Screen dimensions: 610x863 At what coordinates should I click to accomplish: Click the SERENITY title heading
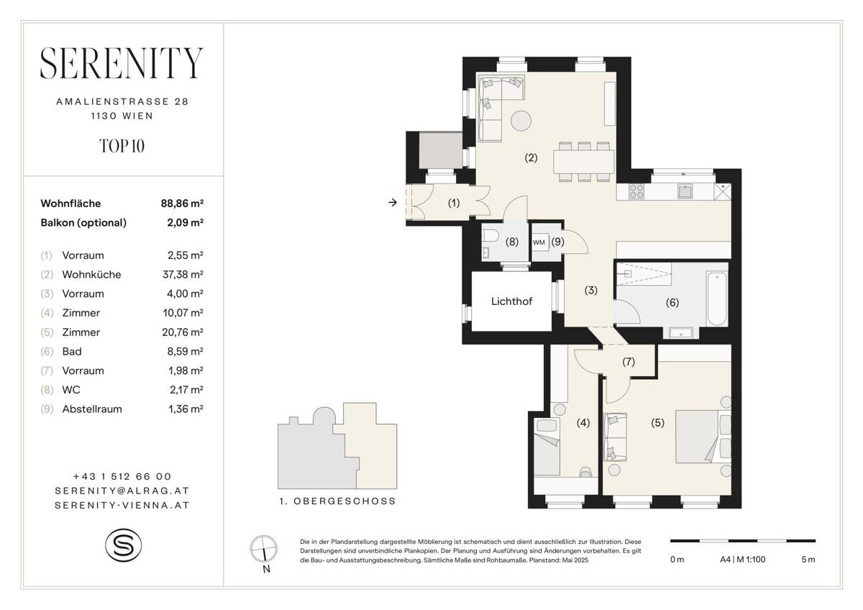pyautogui.click(x=122, y=64)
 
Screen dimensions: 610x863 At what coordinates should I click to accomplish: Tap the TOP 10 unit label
pyautogui.click(x=122, y=146)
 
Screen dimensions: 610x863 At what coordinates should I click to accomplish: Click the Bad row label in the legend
pyautogui.click(x=72, y=351)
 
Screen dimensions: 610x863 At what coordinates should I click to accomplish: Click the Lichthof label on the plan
pyautogui.click(x=511, y=301)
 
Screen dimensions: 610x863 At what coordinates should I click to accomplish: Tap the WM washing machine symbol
pyautogui.click(x=539, y=242)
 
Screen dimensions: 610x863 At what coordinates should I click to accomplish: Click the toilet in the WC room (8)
pyautogui.click(x=489, y=237)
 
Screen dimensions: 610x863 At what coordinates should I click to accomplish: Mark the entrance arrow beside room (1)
pyautogui.click(x=392, y=203)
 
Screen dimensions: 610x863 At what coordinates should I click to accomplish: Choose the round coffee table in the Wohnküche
pyautogui.click(x=521, y=120)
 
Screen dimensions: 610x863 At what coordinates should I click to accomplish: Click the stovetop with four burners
pyautogui.click(x=636, y=191)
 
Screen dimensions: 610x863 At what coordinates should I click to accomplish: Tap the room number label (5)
pyautogui.click(x=657, y=423)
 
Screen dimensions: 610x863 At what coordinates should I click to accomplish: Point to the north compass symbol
pyautogui.click(x=265, y=549)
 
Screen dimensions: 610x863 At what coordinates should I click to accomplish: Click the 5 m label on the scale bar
pyautogui.click(x=808, y=560)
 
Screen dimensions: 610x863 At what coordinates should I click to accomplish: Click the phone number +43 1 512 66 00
pyautogui.click(x=122, y=476)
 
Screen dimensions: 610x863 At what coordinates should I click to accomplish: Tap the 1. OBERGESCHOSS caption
pyautogui.click(x=337, y=501)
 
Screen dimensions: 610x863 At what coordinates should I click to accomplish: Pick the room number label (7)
pyautogui.click(x=629, y=362)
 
